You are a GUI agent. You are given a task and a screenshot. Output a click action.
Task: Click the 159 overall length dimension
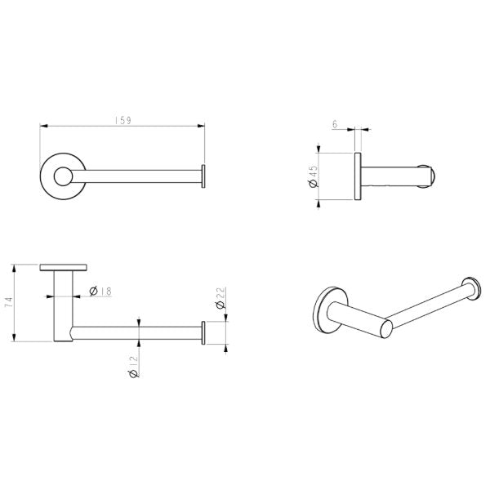pos(123,121)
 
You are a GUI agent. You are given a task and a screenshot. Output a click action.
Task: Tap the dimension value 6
pos(335,124)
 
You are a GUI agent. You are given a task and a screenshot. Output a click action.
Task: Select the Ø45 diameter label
pos(313,176)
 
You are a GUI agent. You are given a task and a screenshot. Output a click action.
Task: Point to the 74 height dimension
pos(9,302)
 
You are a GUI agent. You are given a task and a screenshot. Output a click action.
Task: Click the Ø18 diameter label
pos(100,292)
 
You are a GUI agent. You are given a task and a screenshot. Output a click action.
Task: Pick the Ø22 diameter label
pos(220,298)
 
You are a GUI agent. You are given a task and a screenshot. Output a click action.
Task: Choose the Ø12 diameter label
pos(134,367)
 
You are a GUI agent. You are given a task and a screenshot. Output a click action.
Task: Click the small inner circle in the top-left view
pos(64,176)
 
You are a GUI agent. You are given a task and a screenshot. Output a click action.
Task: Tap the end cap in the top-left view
pos(203,176)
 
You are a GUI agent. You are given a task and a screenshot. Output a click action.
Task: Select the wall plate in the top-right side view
pos(358,176)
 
